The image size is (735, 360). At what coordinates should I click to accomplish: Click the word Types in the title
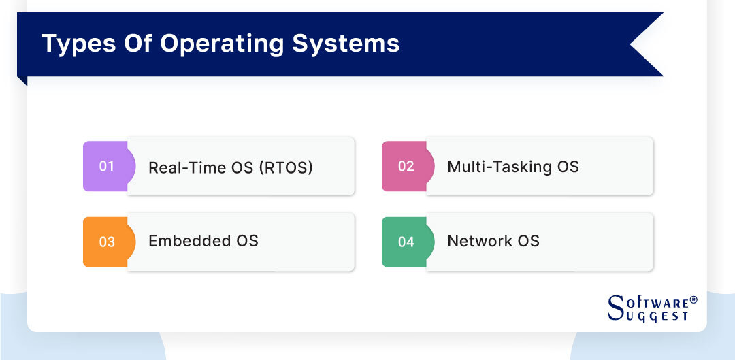[x=76, y=44]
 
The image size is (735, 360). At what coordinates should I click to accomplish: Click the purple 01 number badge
[x=106, y=166]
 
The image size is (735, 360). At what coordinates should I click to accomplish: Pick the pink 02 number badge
[x=406, y=166]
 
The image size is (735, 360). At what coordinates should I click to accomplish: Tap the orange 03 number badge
[x=106, y=242]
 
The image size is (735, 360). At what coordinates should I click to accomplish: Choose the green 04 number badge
[x=406, y=242]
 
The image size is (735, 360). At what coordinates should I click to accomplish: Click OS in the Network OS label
[x=527, y=241]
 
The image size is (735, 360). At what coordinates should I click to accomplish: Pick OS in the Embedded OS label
[x=246, y=241]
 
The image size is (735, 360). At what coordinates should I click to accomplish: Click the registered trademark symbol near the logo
[x=693, y=300]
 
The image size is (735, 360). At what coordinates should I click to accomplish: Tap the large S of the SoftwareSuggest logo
[x=615, y=308]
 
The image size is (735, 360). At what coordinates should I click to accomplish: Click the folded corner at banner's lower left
[x=22, y=80]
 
